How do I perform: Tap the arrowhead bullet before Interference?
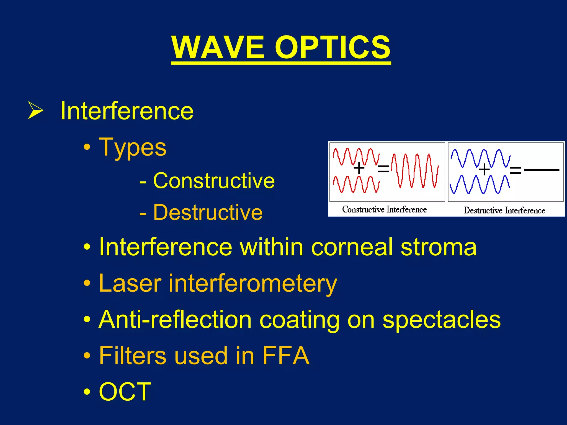tap(35, 110)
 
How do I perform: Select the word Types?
tap(133, 147)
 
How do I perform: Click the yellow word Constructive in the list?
tap(214, 181)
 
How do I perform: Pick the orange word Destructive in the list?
tap(208, 212)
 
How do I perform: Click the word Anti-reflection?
tap(175, 320)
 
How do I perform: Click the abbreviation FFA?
tap(286, 356)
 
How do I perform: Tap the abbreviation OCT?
tap(125, 392)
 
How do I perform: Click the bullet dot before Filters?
tap(87, 355)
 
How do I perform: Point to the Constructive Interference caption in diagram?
tap(384, 209)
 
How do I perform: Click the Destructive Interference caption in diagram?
tap(504, 211)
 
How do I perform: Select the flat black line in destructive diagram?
tap(542, 170)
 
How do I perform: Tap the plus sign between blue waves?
tap(484, 169)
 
